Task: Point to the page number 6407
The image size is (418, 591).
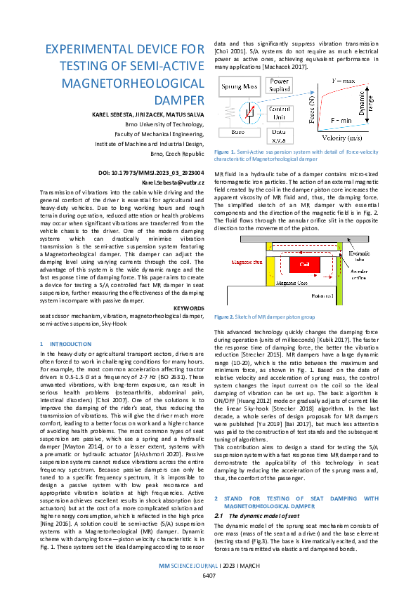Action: pyautogui.click(x=209, y=576)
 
